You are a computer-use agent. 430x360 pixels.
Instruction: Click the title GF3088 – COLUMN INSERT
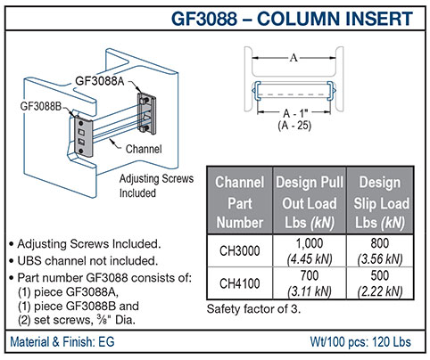point(292,19)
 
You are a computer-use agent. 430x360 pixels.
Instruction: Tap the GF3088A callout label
point(100,81)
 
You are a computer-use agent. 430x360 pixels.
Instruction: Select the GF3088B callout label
point(41,106)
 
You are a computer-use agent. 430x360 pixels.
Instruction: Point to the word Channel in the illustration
point(144,149)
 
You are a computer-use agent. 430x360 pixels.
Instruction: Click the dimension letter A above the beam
point(294,57)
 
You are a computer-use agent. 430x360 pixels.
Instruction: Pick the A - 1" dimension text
point(295,113)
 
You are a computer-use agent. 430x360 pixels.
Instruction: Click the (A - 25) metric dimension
point(294,126)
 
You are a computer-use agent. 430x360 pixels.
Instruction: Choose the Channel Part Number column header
point(240,202)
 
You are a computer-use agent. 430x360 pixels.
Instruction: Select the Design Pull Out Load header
point(310,202)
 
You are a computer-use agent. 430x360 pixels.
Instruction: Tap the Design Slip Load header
point(381,202)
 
